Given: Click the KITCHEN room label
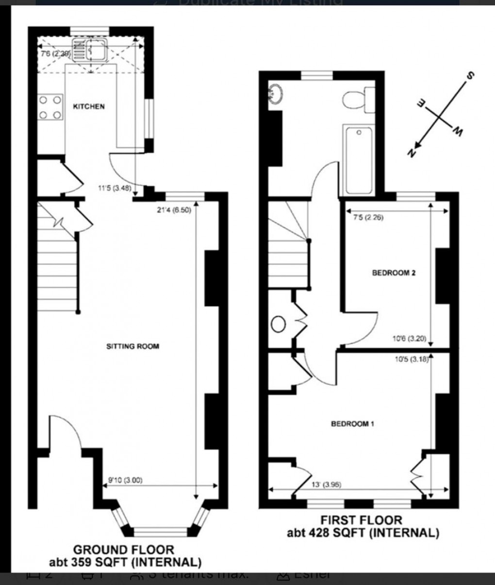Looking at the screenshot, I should [88, 106].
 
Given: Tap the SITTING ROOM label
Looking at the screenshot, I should [132, 346].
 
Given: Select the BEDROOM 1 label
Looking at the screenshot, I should [352, 424].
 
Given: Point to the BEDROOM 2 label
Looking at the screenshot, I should [394, 273].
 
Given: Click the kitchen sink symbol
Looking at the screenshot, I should [90, 50].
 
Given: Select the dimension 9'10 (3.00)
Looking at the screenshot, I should [125, 481].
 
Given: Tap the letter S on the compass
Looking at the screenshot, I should [470, 76].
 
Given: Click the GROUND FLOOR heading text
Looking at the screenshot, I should [123, 550].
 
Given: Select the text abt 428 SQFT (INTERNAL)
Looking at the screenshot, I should [363, 533].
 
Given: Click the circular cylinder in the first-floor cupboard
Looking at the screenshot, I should [279, 325].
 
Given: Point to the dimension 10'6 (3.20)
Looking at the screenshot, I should [409, 339].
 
